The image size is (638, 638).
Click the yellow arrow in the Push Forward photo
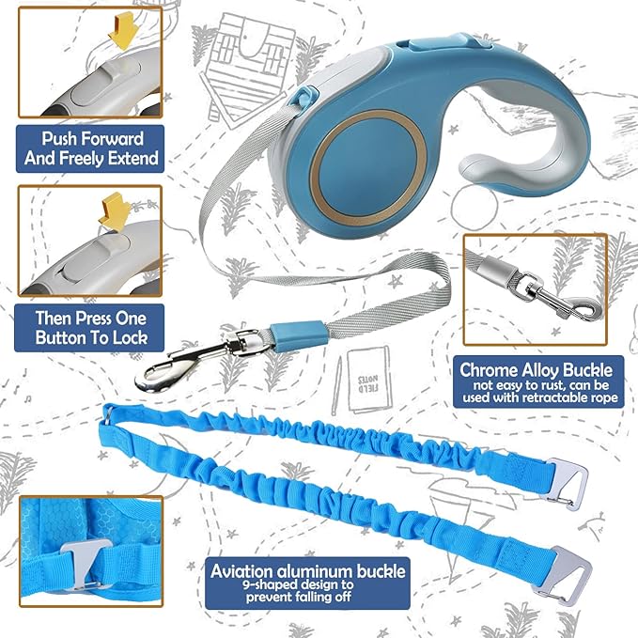[x=123, y=30]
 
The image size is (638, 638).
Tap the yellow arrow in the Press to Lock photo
[x=115, y=210]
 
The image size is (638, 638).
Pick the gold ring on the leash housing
[x=368, y=168]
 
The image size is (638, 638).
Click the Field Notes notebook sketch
[x=369, y=380]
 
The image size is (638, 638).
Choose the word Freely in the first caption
[x=86, y=158]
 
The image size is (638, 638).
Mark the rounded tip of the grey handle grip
[x=472, y=167]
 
